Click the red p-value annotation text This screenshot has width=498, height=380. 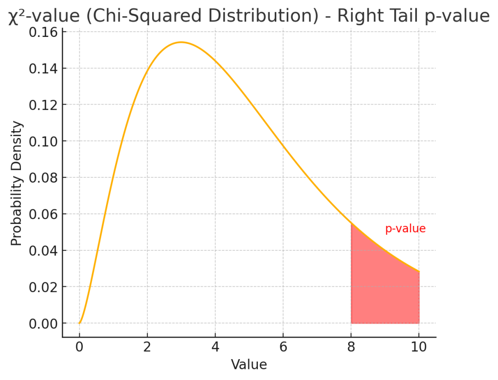(405, 229)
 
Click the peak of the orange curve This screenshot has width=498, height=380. (181, 42)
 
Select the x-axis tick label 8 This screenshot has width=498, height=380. (351, 347)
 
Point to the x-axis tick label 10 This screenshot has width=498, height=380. (419, 347)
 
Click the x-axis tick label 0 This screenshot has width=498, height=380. (79, 347)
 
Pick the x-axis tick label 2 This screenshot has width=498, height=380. (147, 347)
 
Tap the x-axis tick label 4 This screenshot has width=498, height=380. (215, 347)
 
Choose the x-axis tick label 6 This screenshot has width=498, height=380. (283, 347)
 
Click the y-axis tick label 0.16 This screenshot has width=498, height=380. (43, 32)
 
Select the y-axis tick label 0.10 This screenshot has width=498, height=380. (43, 141)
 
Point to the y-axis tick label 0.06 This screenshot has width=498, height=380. (43, 214)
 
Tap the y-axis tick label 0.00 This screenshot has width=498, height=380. (43, 324)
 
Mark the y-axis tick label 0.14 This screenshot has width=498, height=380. (43, 69)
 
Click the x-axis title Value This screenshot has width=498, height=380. (249, 365)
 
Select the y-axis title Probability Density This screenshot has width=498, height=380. (17, 184)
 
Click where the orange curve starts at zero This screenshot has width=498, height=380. (79, 323)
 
